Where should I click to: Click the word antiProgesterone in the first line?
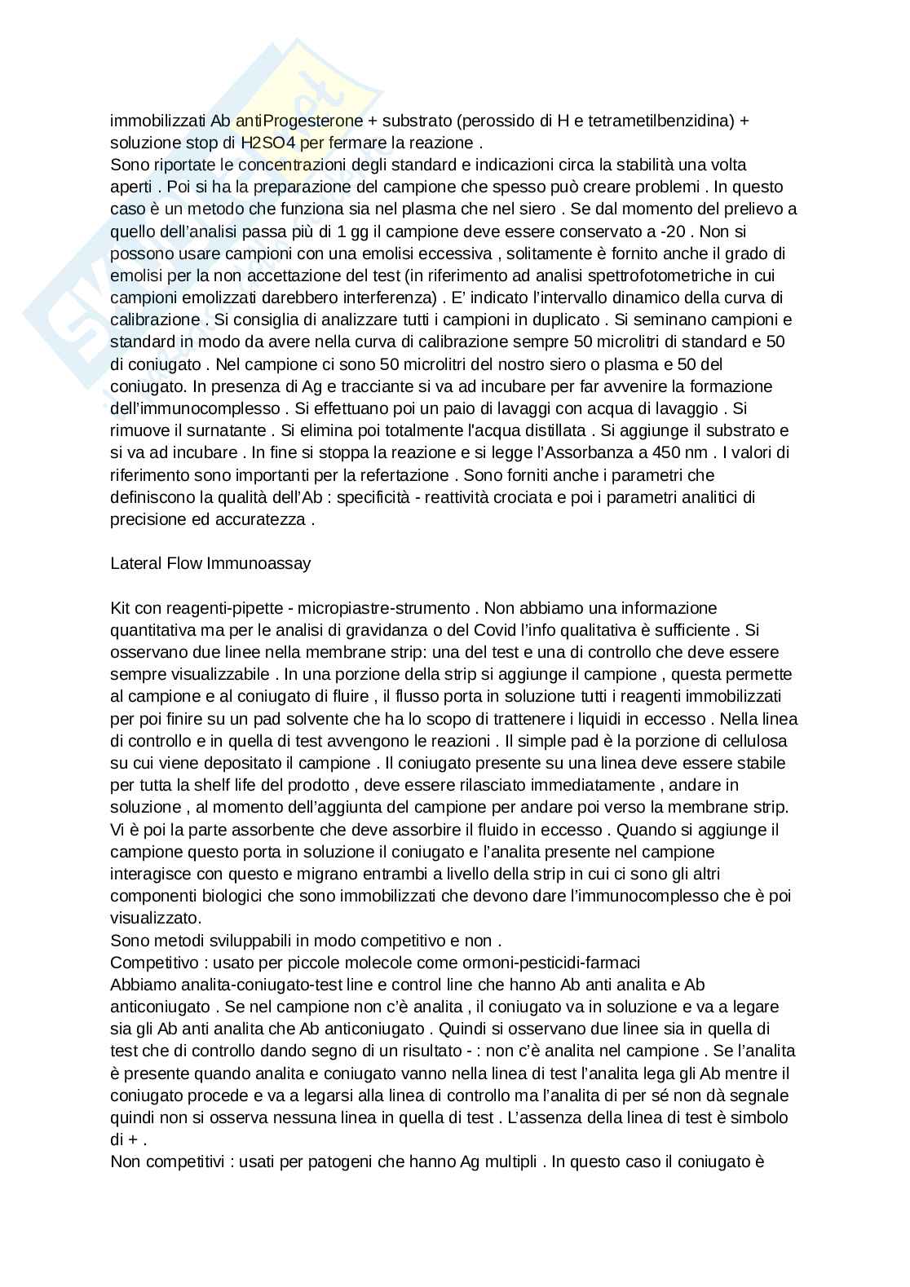(299, 121)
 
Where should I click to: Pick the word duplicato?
(556, 320)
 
